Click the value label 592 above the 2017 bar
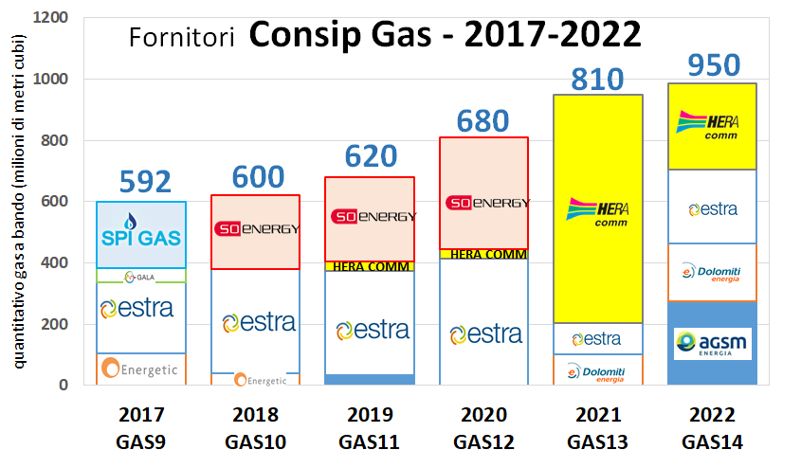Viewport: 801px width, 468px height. (x=144, y=182)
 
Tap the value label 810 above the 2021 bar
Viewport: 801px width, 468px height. (x=597, y=78)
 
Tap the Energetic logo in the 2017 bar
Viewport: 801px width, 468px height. (x=140, y=369)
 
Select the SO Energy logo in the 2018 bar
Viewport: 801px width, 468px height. (x=257, y=228)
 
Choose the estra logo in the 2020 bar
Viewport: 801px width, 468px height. (x=485, y=334)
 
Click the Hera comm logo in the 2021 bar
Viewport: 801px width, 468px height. (x=597, y=212)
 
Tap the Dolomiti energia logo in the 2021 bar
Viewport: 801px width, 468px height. (x=597, y=371)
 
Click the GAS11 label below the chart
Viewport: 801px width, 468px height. (x=371, y=441)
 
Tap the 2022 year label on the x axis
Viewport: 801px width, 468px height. (x=711, y=415)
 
